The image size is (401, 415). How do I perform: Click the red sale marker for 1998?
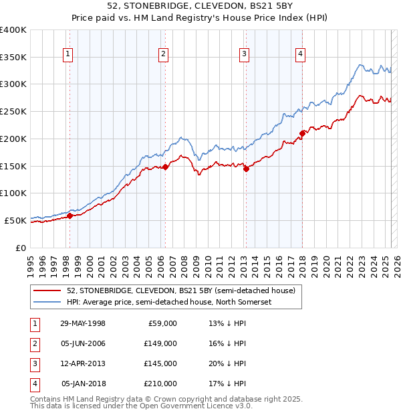click(x=70, y=216)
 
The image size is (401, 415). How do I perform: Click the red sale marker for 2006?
click(x=165, y=167)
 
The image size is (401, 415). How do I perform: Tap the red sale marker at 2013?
click(x=246, y=169)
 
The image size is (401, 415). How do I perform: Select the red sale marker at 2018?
click(x=302, y=133)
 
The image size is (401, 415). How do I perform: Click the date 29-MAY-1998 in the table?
click(x=83, y=323)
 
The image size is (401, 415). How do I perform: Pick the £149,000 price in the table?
click(x=160, y=343)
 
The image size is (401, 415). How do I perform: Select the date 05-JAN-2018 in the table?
click(x=83, y=384)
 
